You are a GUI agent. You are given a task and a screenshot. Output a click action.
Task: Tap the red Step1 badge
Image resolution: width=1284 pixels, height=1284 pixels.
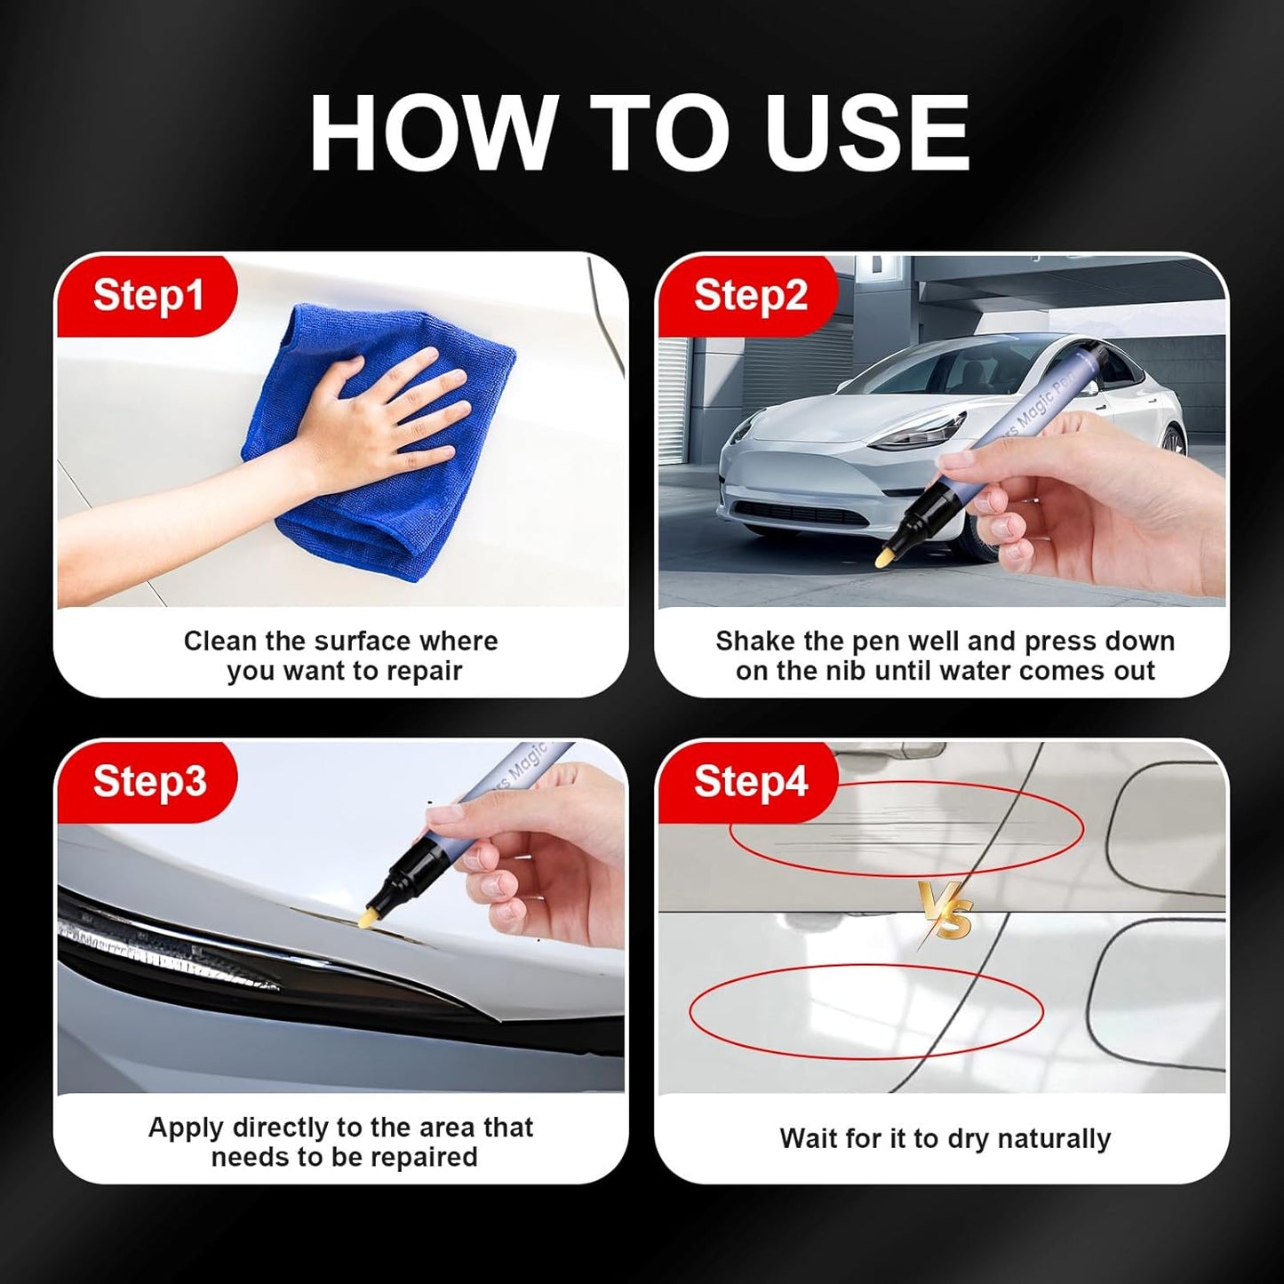[x=148, y=295]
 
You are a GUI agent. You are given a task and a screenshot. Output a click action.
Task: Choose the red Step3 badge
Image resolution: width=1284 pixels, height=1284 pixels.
[x=148, y=781]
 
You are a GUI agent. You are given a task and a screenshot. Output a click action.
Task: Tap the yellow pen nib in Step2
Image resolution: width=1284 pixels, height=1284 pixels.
[x=883, y=556]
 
